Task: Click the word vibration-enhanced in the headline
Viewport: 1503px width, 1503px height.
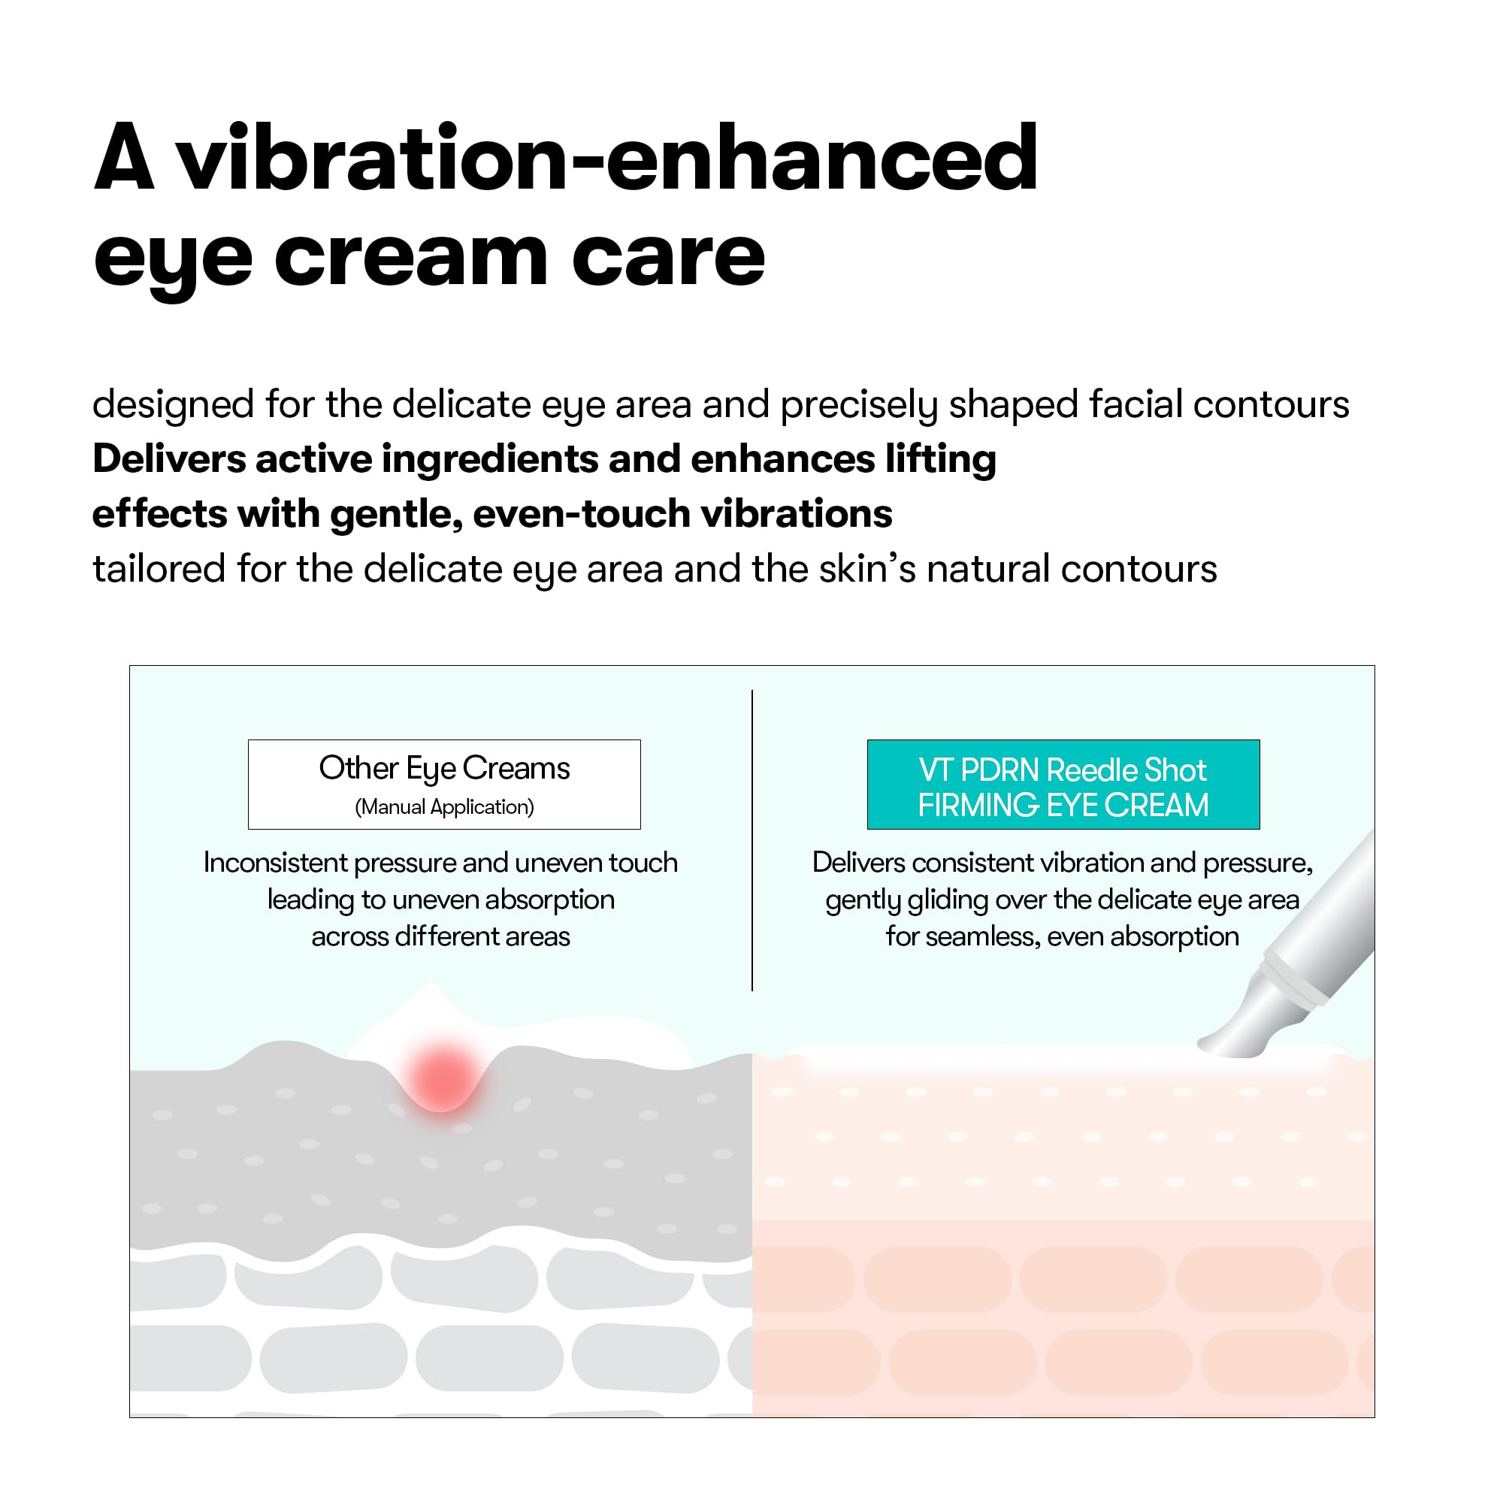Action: coord(606,159)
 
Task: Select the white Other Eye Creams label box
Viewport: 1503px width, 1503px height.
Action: coord(444,784)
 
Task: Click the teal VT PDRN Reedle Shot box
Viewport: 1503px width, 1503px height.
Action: coord(1063,784)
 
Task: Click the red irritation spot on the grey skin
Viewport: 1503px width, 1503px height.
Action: coord(442,1077)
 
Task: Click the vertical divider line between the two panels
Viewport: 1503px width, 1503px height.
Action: coord(752,840)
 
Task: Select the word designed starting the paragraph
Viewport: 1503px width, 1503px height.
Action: coord(173,405)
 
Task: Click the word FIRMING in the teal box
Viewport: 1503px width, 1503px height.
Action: coord(978,805)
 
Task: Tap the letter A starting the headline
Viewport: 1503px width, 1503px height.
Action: coord(124,159)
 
